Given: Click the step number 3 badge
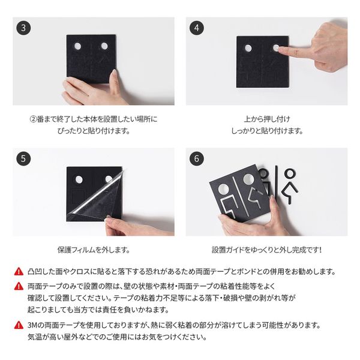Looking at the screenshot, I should pyautogui.click(x=23, y=28).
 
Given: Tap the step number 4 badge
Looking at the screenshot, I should pyautogui.click(x=197, y=28).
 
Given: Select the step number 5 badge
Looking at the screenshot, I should pyautogui.click(x=23, y=159).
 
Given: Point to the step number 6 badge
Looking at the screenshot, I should pyautogui.click(x=197, y=159).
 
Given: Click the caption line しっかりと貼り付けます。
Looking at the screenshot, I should pyautogui.click(x=266, y=130).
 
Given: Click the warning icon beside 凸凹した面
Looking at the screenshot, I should pyautogui.click(x=19, y=271).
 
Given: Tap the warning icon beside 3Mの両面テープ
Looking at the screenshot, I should pyautogui.click(x=19, y=325).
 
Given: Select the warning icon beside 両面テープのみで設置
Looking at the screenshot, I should pyautogui.click(x=19, y=285).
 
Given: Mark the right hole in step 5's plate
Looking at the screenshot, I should pyautogui.click(x=109, y=179).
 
